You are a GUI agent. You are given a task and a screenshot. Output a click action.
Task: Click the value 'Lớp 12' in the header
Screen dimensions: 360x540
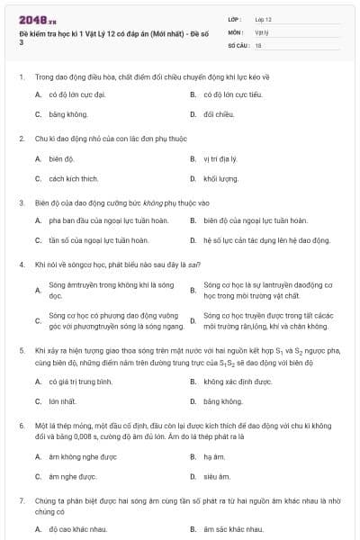[x=263, y=19]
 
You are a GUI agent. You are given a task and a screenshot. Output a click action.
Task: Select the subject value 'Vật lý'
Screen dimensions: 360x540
[x=261, y=31]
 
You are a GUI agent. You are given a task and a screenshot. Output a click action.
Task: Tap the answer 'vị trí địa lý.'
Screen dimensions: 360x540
[x=220, y=158]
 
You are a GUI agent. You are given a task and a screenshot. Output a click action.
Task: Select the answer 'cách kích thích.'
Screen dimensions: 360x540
[x=74, y=178]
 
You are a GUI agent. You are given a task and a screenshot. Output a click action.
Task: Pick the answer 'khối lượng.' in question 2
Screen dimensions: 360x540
[x=221, y=178]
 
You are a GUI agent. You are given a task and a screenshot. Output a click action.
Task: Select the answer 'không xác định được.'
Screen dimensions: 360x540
[x=238, y=382]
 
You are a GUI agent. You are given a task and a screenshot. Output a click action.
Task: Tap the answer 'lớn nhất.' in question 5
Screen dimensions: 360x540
[x=63, y=401]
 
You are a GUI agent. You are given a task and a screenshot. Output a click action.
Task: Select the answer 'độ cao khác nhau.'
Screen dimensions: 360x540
[x=79, y=529]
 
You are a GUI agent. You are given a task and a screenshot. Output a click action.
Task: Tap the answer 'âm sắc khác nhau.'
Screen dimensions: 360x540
[x=233, y=529]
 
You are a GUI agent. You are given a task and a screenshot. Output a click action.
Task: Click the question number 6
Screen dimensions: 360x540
[x=21, y=423]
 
